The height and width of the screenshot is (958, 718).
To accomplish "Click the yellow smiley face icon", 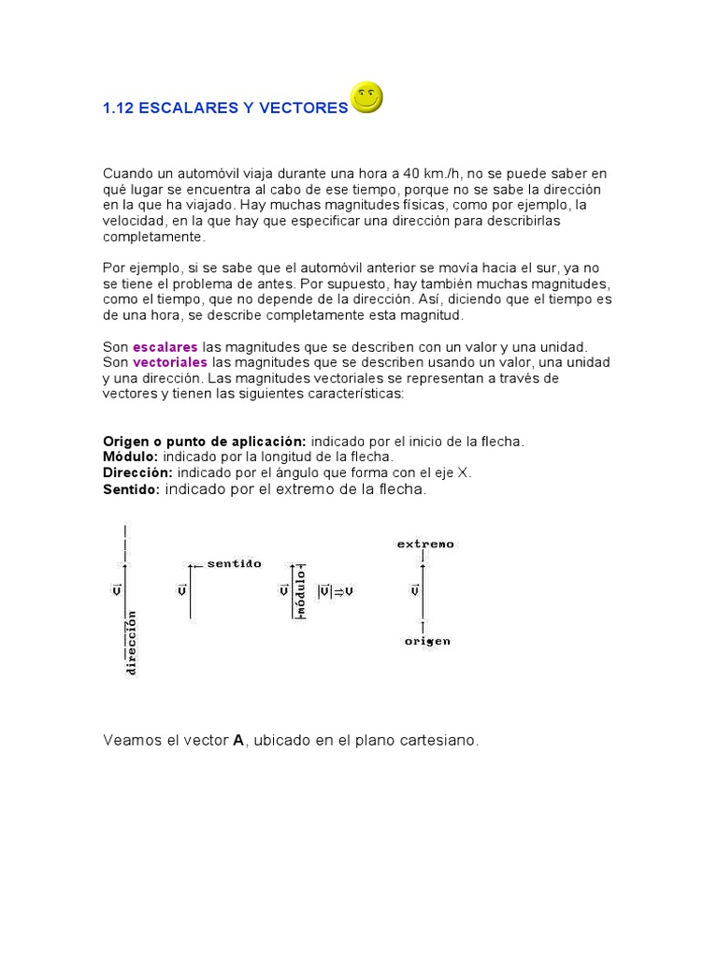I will point(366,97).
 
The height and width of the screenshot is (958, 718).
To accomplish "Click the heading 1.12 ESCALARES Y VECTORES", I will point(224,109).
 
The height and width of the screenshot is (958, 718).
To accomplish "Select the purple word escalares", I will point(165,347).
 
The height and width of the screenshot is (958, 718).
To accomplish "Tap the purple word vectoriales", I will point(171,362).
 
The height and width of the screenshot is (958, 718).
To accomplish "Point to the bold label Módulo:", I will point(131,457).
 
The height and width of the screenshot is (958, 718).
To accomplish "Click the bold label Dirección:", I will point(137,472).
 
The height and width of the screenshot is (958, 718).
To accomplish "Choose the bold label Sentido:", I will point(131,489).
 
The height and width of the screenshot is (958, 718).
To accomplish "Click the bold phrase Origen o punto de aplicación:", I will point(205,441).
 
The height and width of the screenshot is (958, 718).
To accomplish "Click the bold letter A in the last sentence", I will point(238,740).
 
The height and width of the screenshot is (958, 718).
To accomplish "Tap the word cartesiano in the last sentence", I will point(443,740).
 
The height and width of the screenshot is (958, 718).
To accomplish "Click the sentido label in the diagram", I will point(234,564).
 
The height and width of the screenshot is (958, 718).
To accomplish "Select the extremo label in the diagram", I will point(425,544).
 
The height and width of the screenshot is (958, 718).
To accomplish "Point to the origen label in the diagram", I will point(426,641).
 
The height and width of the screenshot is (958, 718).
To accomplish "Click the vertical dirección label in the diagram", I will point(132,643).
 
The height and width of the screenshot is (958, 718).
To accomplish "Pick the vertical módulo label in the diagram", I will point(301,591).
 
